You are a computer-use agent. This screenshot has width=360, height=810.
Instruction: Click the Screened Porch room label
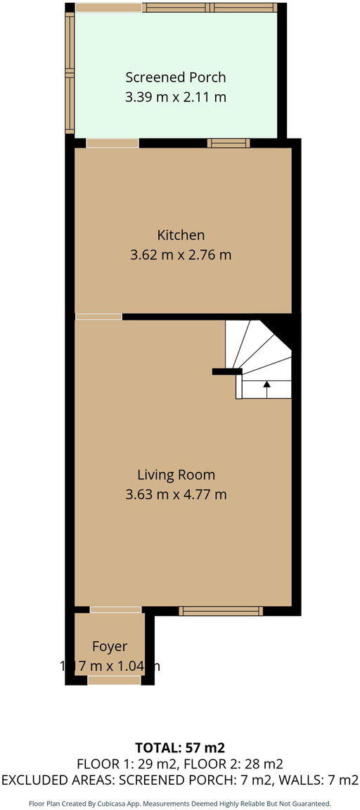pyautogui.click(x=176, y=77)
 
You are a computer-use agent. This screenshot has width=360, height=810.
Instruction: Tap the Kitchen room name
pyautogui.click(x=181, y=235)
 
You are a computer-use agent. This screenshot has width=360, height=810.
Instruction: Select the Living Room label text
pyautogui.click(x=176, y=475)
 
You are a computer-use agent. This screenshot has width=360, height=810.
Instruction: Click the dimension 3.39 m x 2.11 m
pyautogui.click(x=176, y=97)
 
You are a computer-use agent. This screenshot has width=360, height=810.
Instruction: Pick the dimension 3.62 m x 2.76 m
pyautogui.click(x=181, y=255)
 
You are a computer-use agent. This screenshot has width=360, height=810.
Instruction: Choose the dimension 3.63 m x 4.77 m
pyautogui.click(x=176, y=494)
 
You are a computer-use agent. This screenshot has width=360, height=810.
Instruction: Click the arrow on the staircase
pyautogui.click(x=266, y=385)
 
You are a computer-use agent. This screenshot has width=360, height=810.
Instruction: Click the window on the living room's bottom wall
pyautogui.click(x=221, y=611)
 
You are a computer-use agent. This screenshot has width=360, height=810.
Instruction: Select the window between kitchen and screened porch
pyautogui.click(x=229, y=143)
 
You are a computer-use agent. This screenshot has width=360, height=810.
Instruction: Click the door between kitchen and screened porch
pyautogui.click(x=112, y=143)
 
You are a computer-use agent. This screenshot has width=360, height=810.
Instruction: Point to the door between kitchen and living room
pyautogui.click(x=98, y=317)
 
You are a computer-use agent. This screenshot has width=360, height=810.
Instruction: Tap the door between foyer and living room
pyautogui.click(x=115, y=610)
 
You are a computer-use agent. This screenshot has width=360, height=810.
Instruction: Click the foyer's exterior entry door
pyautogui.click(x=115, y=680)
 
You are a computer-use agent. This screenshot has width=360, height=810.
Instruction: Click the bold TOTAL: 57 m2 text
pyautogui.click(x=179, y=747)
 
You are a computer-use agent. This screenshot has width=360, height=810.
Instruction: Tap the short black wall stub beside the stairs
pyautogui.click(x=227, y=371)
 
